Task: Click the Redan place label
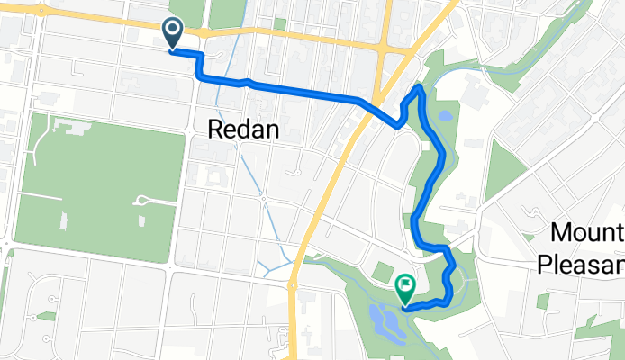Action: tap(243, 130)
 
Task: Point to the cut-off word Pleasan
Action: tap(582, 264)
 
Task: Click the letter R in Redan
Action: tap(215, 130)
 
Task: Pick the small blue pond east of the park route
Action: tap(446, 116)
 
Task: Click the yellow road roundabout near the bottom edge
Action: tap(294, 285)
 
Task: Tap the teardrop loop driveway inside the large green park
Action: tap(140, 200)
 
